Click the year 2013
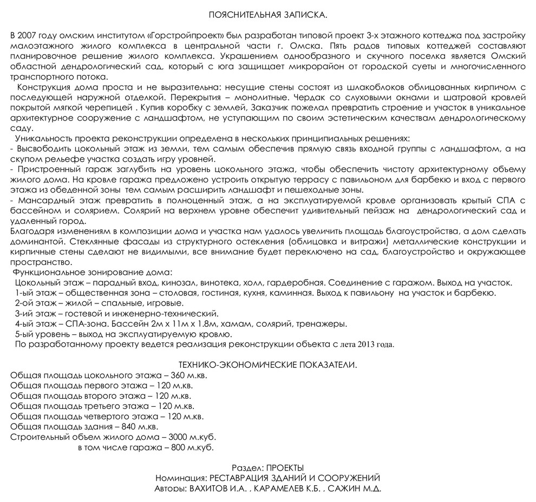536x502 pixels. pyautogui.click(x=364, y=345)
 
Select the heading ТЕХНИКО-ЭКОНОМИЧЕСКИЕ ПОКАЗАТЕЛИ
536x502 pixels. pyautogui.click(x=268, y=365)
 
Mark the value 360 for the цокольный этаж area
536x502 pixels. pyautogui.click(x=179, y=375)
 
